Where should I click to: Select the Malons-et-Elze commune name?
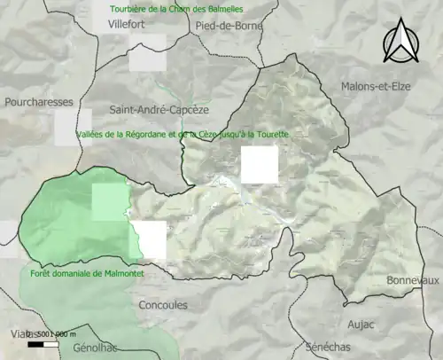click(377, 86)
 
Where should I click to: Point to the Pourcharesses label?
click(38, 102)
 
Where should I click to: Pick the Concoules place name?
click(164, 304)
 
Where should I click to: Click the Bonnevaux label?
click(413, 280)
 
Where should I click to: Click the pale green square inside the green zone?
click(110, 202)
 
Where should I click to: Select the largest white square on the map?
click(260, 164)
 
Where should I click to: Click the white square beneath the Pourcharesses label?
click(73, 127)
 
